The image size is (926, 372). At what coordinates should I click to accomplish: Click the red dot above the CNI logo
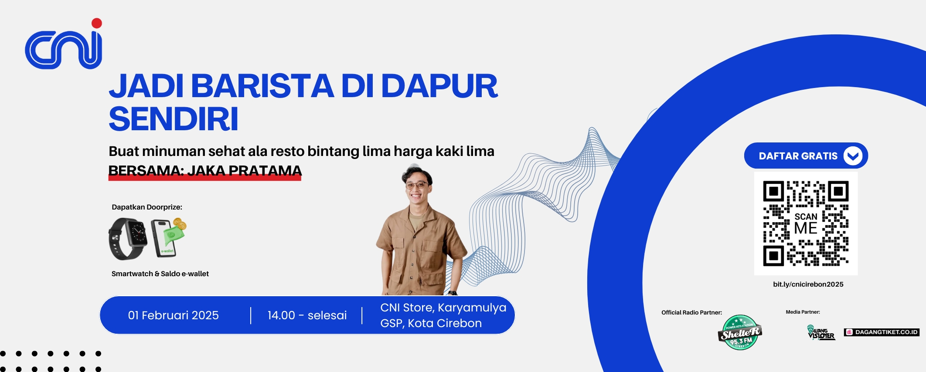pyautogui.click(x=97, y=23)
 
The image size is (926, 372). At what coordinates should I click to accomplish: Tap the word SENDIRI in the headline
pyautogui.click(x=174, y=119)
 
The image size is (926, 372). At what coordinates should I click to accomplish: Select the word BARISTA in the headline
pyautogui.click(x=262, y=86)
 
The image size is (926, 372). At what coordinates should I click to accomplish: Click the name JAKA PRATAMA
pyautogui.click(x=245, y=170)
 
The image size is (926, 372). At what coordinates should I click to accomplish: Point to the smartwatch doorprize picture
pyautogui.click(x=127, y=239)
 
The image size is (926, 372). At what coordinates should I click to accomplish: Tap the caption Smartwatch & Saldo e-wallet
pyautogui.click(x=160, y=274)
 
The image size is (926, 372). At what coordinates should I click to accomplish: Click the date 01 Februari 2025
pyautogui.click(x=174, y=315)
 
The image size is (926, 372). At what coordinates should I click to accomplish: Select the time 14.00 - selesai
pyautogui.click(x=307, y=315)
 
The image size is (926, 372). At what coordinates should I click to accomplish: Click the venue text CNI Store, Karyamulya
pyautogui.click(x=443, y=308)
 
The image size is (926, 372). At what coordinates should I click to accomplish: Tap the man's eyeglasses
pyautogui.click(x=416, y=185)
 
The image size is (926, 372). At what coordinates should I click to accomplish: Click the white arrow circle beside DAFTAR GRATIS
pyautogui.click(x=853, y=156)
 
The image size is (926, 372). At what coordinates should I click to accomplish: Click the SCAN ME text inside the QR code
pyautogui.click(x=806, y=223)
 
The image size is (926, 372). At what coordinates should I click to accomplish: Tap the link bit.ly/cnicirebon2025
pyautogui.click(x=808, y=284)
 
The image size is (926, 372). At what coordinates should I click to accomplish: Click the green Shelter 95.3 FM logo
pyautogui.click(x=740, y=333)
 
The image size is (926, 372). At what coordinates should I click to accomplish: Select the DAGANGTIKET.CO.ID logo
pyautogui.click(x=882, y=332)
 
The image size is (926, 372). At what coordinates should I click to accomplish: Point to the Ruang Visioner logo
pyautogui.click(x=821, y=332)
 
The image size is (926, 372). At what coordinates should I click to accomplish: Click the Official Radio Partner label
pyautogui.click(x=691, y=312)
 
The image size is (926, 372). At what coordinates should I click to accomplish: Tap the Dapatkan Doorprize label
pyautogui.click(x=147, y=207)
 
